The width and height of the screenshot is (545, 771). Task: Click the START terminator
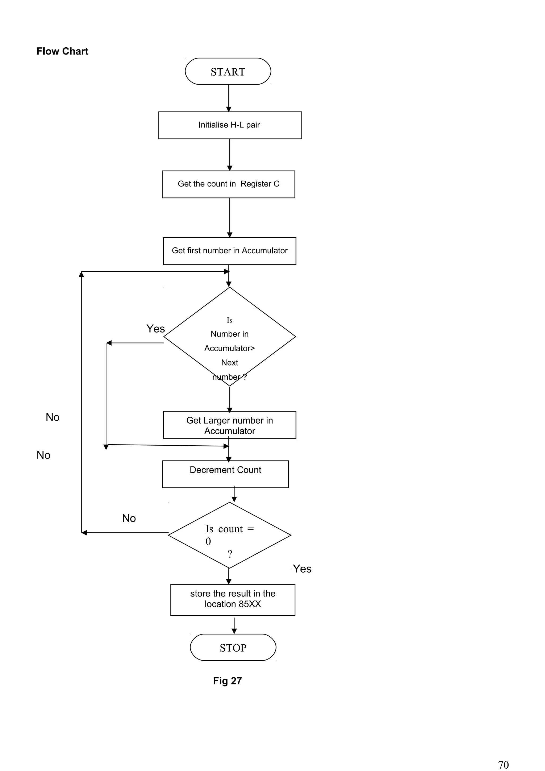point(228,72)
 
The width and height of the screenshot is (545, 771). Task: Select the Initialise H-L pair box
point(230,125)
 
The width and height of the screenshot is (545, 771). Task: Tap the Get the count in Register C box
point(228,184)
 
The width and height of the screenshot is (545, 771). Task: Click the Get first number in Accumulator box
point(229,251)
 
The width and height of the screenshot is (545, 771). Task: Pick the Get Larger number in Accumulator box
point(229,425)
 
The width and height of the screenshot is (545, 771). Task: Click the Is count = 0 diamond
point(229,535)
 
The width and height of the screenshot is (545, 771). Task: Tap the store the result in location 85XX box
point(232,600)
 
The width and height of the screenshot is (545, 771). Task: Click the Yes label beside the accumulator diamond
point(155,329)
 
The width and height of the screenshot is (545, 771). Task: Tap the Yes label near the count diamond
point(302,569)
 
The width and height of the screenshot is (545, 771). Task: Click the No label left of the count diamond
point(129,518)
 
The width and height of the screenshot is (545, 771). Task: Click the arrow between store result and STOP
point(234,625)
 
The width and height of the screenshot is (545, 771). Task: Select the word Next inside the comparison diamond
point(230,363)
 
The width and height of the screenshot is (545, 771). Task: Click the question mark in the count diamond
point(230,554)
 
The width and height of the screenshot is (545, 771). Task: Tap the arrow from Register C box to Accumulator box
point(230,217)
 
